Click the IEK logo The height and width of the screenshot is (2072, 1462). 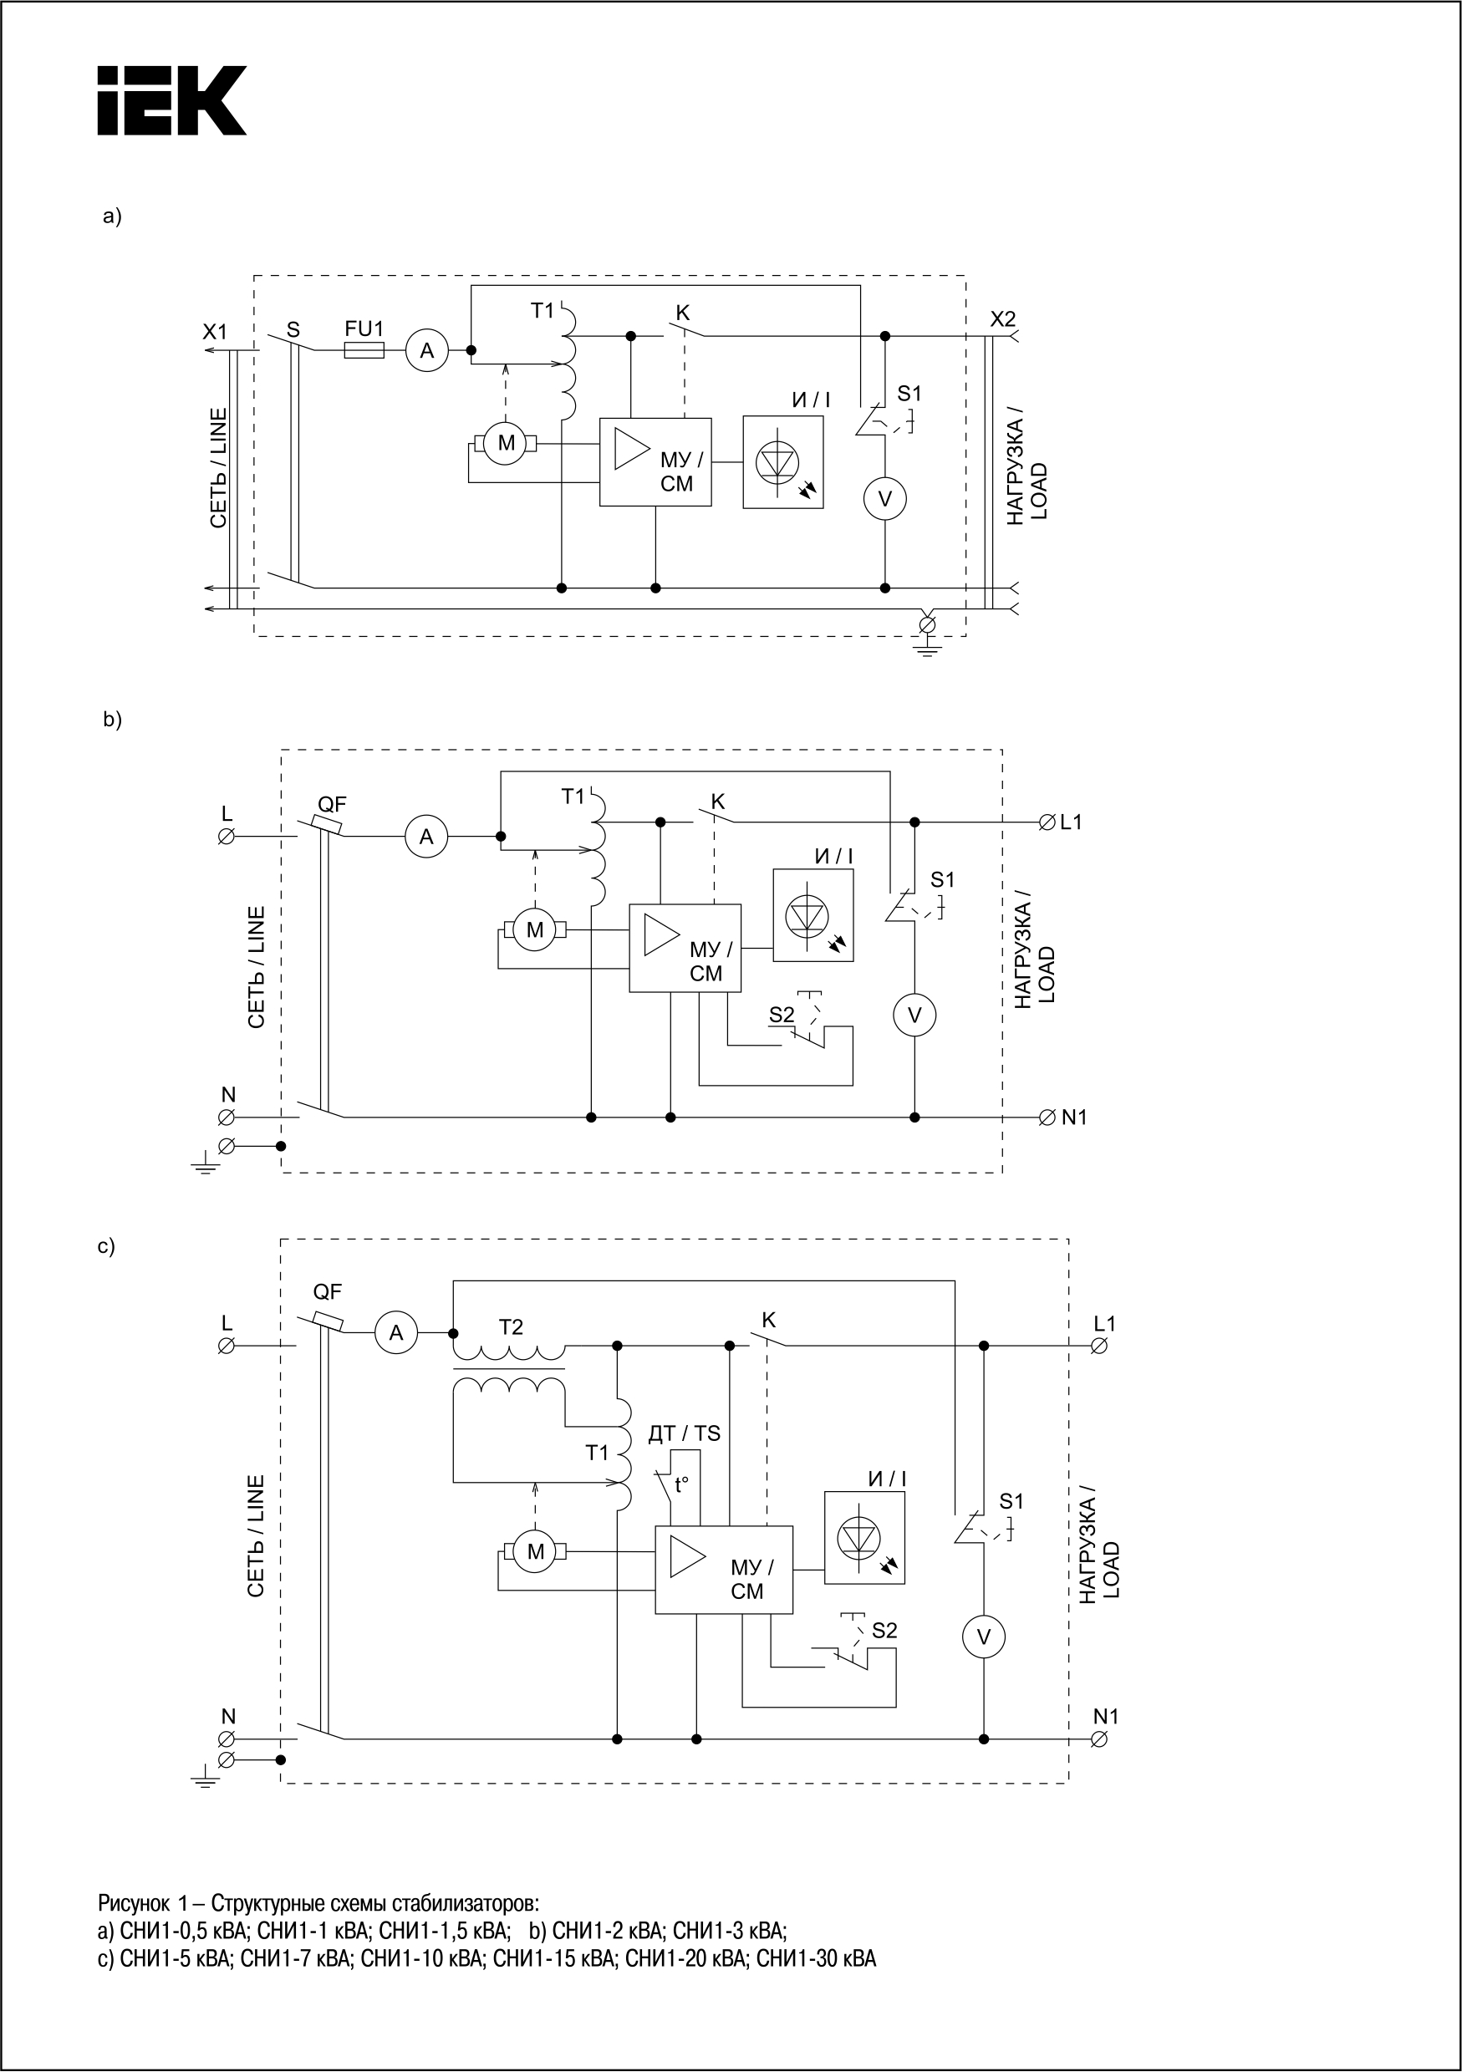click(x=171, y=100)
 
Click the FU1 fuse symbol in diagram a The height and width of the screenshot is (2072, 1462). click(x=364, y=350)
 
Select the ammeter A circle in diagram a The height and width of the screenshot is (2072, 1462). click(x=427, y=351)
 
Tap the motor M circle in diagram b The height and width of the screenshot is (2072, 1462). click(x=535, y=929)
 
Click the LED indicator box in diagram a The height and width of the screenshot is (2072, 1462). click(x=783, y=462)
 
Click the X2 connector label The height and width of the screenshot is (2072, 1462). click(x=1002, y=318)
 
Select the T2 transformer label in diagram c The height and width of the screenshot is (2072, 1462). click(x=511, y=1327)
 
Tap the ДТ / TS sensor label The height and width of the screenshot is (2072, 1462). click(x=684, y=1433)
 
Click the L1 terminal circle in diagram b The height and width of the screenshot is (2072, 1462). click(x=1047, y=822)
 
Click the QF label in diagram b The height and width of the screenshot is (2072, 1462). click(x=332, y=804)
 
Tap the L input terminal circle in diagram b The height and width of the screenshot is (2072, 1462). click(x=227, y=837)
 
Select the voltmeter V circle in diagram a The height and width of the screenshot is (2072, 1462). click(x=884, y=499)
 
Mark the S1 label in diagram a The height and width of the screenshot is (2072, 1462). click(x=909, y=394)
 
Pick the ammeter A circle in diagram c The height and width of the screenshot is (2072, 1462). click(x=396, y=1333)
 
